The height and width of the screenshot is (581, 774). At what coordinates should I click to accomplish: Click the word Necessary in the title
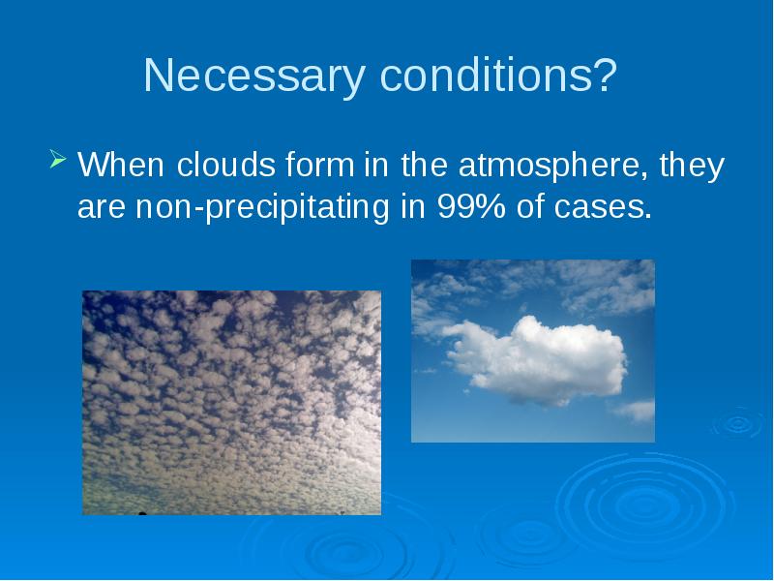pos(254,76)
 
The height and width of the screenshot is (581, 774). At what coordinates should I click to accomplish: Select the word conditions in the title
pos(486,75)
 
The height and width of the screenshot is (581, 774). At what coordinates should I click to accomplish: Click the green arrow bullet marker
pos(58,160)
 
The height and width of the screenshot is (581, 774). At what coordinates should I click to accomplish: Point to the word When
pos(121,165)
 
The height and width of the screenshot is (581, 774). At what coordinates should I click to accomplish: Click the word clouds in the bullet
pos(225,165)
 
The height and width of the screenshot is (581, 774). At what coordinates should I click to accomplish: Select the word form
pos(319,165)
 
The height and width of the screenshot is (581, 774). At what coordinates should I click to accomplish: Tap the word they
pos(692,166)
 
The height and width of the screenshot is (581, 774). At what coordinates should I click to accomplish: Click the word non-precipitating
pos(262,207)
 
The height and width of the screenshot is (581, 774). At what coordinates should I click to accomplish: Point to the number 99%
pos(471,206)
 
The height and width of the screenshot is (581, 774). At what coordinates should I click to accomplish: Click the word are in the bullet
pos(102,207)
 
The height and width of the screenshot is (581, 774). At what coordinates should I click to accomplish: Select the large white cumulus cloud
pos(536,360)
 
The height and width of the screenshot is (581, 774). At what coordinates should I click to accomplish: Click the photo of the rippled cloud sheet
pos(231,403)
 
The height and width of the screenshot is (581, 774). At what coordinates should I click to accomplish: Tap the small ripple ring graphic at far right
pos(738,423)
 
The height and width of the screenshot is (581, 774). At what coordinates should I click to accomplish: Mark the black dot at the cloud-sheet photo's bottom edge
pos(142,513)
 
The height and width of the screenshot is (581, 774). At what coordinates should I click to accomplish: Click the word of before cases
pos(529,206)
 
